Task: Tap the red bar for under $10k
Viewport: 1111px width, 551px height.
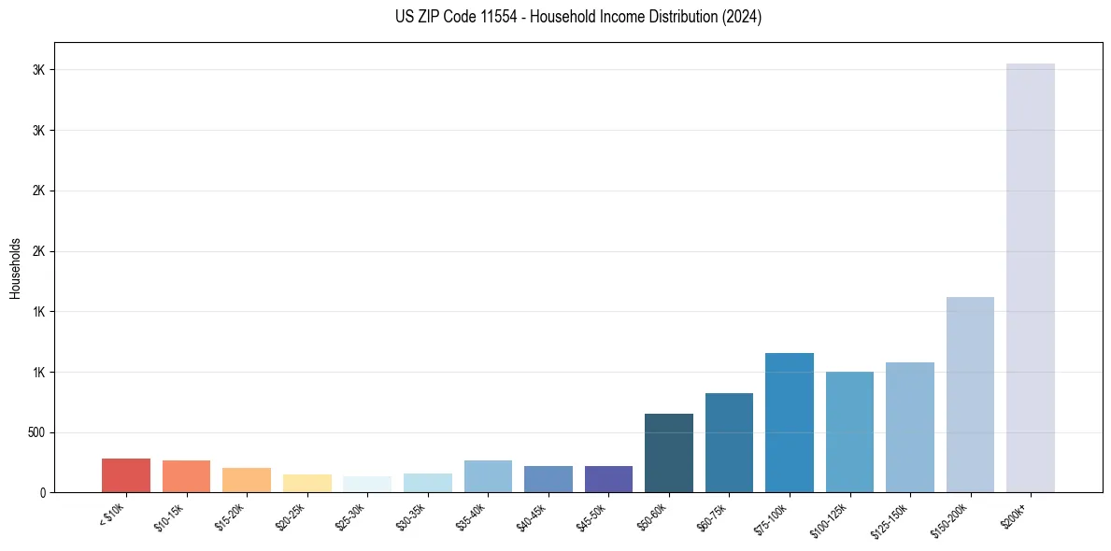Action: pos(126,475)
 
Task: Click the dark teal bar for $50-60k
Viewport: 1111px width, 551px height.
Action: pos(668,453)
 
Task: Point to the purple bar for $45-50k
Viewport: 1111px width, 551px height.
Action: pos(608,479)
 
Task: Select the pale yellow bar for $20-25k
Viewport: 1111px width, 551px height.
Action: pos(307,483)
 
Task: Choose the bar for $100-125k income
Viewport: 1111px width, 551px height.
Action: pos(849,431)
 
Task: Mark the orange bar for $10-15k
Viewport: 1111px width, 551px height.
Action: pos(186,476)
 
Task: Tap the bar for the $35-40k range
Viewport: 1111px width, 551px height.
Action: pos(488,476)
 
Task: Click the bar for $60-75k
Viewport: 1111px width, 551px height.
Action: pos(729,443)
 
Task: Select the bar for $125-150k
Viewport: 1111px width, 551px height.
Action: pos(909,427)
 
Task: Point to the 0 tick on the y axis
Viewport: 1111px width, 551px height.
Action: pos(42,492)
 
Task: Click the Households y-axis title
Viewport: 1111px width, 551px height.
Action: pos(15,267)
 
